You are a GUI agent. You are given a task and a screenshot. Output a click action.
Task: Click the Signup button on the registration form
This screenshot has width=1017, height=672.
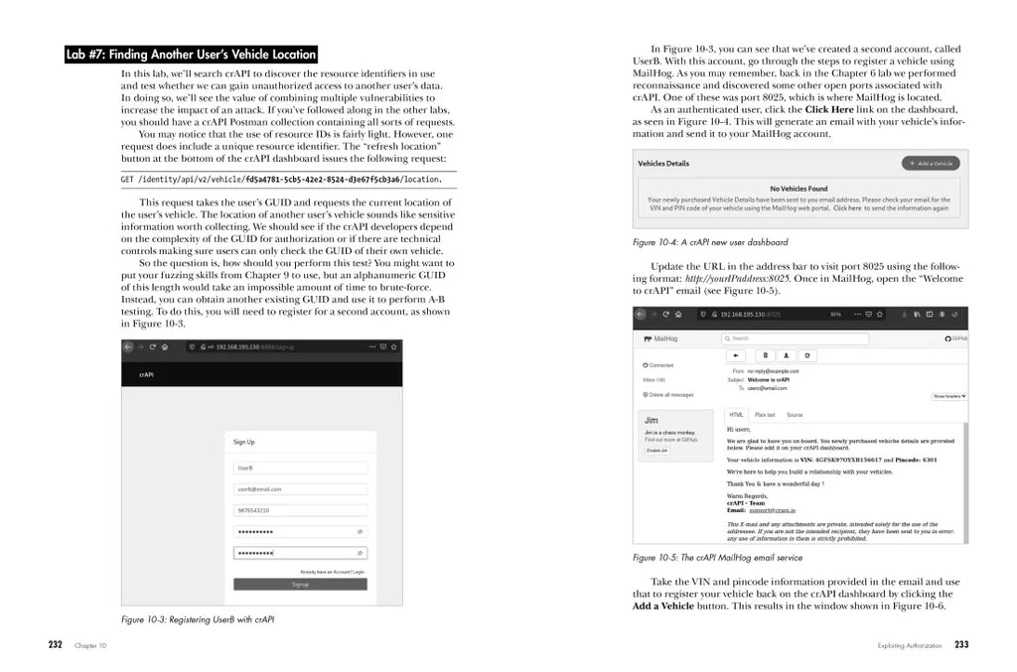click(300, 585)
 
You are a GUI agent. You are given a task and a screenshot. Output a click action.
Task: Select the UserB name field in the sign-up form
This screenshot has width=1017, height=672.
click(300, 468)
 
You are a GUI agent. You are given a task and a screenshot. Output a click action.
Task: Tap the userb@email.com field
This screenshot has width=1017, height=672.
click(300, 489)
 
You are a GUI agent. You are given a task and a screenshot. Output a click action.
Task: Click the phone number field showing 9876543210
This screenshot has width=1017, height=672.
click(300, 510)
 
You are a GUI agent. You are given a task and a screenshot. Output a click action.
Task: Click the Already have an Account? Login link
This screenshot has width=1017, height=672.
click(332, 572)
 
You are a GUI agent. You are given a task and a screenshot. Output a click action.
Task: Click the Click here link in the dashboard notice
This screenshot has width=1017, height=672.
click(847, 208)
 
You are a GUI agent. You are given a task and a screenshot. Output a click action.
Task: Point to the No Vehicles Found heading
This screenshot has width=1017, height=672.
click(798, 189)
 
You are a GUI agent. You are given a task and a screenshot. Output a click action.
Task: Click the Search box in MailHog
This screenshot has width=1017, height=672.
click(795, 338)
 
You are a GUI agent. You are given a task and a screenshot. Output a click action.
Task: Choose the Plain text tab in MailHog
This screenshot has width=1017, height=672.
click(765, 415)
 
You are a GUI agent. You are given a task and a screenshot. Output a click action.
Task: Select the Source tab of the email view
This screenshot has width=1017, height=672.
click(794, 415)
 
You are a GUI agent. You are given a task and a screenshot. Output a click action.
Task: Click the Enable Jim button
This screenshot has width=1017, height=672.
click(657, 451)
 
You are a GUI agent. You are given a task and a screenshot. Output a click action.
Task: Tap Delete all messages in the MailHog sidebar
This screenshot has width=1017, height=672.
click(669, 395)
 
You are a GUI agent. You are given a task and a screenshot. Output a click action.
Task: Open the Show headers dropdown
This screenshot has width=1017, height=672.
click(948, 396)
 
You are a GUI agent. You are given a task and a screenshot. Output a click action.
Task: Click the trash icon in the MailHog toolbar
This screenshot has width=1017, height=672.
click(765, 354)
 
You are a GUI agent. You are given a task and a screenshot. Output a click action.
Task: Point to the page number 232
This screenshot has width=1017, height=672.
click(56, 645)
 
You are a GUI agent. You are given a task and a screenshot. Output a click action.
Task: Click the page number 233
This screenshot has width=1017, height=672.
click(960, 645)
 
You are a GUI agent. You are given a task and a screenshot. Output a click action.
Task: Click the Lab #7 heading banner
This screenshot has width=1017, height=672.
click(191, 55)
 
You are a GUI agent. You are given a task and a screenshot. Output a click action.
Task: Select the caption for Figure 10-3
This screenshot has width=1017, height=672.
click(198, 619)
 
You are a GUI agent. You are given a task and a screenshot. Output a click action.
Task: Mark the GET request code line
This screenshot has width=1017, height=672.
click(281, 180)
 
